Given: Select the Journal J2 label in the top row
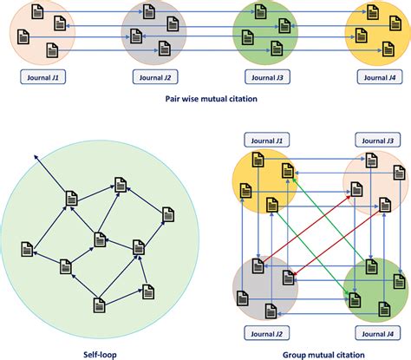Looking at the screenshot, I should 151,77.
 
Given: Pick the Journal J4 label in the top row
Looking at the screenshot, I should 379,77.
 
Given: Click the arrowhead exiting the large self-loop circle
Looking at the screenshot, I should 36,154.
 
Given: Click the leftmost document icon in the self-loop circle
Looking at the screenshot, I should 29,248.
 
